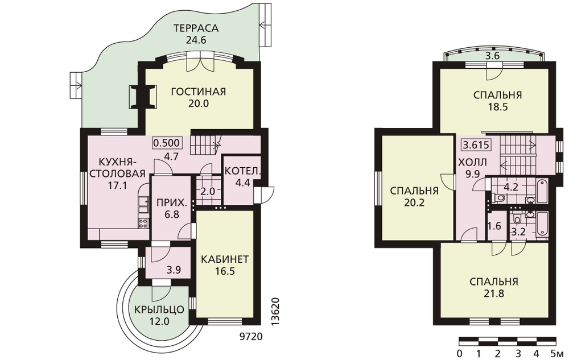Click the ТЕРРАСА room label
click(196, 28)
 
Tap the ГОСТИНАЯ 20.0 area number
click(199, 104)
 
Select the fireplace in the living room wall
click(143, 96)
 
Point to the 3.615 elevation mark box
click(476, 145)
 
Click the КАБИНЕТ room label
click(225, 259)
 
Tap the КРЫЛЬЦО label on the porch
click(159, 310)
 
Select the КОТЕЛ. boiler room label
click(242, 171)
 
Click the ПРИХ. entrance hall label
click(172, 202)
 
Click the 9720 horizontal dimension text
click(251, 337)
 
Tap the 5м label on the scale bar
click(558, 353)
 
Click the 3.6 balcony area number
click(493, 56)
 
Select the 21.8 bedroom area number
click(493, 293)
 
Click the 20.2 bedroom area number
click(414, 202)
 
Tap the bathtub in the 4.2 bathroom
click(542, 191)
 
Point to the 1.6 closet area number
click(494, 226)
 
